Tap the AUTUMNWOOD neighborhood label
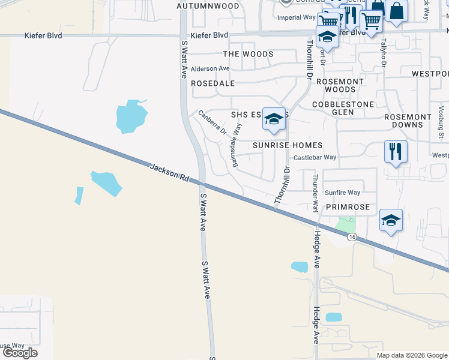208,6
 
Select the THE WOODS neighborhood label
248,54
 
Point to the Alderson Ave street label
210,69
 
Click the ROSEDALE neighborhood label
212,83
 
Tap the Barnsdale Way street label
237,145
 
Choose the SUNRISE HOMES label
288,145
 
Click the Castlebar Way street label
315,157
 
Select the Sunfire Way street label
342,193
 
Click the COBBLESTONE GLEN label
343,109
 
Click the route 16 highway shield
352,237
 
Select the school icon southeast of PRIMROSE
391,220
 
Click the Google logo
20,353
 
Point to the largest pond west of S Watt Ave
131,116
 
